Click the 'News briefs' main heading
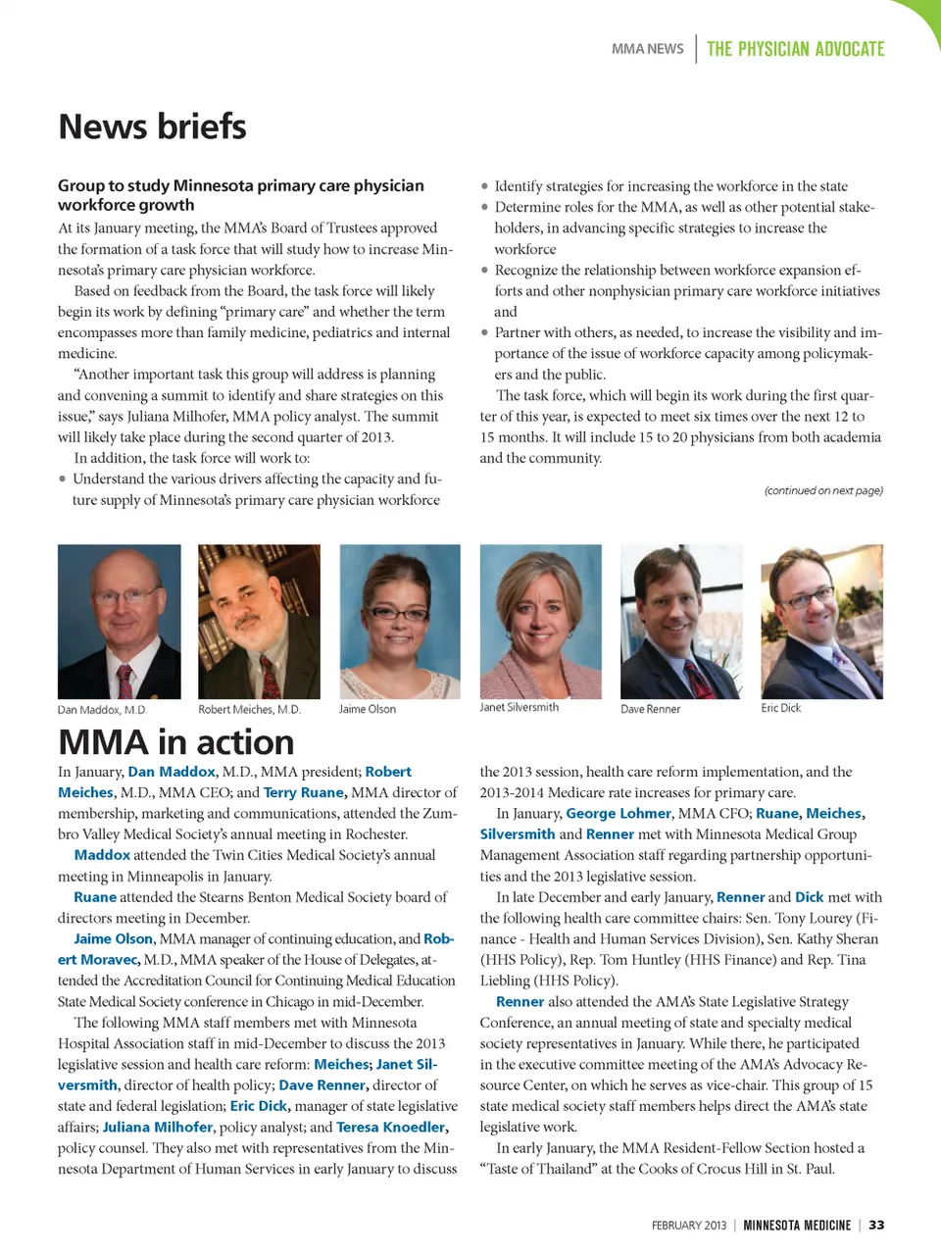[152, 126]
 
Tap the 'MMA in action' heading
[176, 742]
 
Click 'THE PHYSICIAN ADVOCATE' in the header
[795, 49]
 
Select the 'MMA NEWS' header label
[648, 49]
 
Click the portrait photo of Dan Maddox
[120, 622]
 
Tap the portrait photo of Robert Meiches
[259, 622]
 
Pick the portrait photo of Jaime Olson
[400, 622]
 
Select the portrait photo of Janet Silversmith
[540, 622]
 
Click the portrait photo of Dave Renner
[681, 622]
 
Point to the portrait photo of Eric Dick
[821, 622]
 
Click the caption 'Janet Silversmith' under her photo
[519, 707]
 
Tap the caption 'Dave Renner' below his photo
[650, 709]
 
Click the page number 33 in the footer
[876, 1225]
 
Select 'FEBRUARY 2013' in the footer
[689, 1226]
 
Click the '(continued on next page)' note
[823, 490]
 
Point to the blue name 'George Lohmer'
[619, 813]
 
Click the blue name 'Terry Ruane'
[305, 792]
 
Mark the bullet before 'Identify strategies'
[484, 186]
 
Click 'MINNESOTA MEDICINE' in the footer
[797, 1226]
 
